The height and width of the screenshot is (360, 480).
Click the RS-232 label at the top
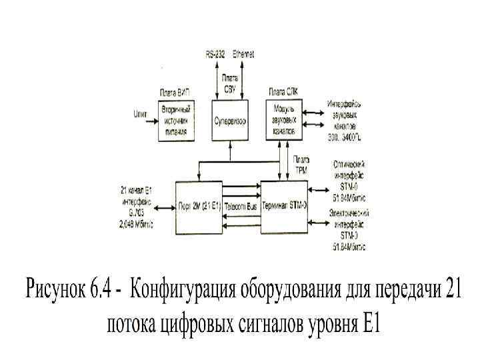coord(215,53)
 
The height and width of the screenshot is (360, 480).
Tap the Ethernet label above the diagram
coord(243,53)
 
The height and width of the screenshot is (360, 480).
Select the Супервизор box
coord(230,121)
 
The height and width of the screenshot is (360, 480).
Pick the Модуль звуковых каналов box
coord(284,120)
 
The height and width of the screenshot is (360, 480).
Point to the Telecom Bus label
coord(241,206)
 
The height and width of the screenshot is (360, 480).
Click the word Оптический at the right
coord(349,163)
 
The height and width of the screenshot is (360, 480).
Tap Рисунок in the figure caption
coord(55,291)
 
